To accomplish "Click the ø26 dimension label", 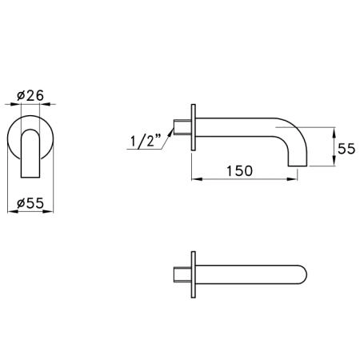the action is click(x=30, y=95).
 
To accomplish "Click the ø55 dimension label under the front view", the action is click(x=30, y=203).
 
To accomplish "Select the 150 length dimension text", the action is click(x=239, y=171).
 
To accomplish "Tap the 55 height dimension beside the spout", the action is click(x=346, y=149).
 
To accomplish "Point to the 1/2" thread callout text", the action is click(x=146, y=141).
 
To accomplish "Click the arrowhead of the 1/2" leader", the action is click(x=170, y=133).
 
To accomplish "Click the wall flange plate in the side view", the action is click(x=194, y=127).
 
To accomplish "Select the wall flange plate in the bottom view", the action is click(x=194, y=274).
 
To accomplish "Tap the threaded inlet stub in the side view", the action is click(x=182, y=127).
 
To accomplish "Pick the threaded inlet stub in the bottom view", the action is click(x=182, y=274).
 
